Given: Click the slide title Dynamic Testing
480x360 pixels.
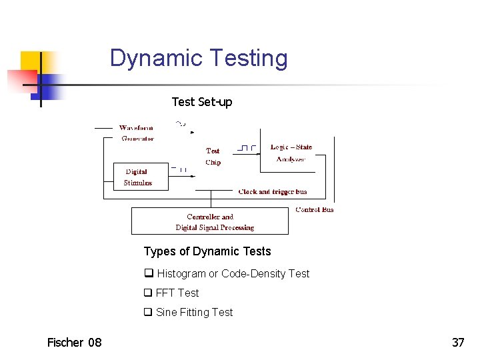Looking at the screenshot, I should click(199, 58).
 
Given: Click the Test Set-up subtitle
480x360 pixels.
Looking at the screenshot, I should click(201, 101).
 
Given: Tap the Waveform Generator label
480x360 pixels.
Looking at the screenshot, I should click(137, 133).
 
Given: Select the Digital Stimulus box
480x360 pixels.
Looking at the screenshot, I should click(141, 177).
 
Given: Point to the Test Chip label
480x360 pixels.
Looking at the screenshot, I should click(213, 157).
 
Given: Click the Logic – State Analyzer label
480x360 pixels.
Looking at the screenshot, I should click(291, 153).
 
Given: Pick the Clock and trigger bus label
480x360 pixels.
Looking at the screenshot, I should click(273, 192).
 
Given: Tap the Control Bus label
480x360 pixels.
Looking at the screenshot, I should click(315, 209).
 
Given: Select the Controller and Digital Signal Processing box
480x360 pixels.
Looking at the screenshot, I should click(210, 221).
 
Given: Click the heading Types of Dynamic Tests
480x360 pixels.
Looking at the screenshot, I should click(207, 251).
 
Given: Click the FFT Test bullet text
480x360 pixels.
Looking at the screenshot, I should click(177, 293).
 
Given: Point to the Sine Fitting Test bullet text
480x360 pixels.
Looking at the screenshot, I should click(194, 312).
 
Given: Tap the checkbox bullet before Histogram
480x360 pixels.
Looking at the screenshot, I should click(148, 273).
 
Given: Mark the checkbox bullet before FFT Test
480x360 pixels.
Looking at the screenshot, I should click(148, 293).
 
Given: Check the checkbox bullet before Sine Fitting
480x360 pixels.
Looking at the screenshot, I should click(148, 312).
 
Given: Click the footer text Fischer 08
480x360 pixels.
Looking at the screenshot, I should click(74, 343).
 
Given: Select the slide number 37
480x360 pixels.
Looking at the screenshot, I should click(458, 343).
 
